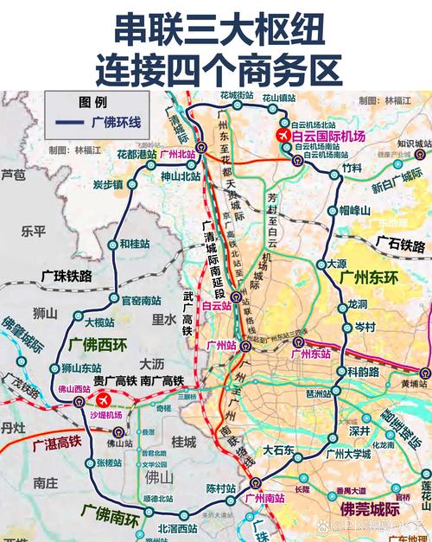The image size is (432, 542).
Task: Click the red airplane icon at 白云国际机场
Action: [282, 137]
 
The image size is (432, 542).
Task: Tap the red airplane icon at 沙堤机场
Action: [105, 400]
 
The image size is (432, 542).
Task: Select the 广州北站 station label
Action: [176, 154]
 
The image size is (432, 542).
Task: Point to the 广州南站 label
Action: [266, 498]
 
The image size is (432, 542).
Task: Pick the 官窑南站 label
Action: [141, 301]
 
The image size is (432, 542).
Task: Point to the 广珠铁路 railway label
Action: [67, 276]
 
